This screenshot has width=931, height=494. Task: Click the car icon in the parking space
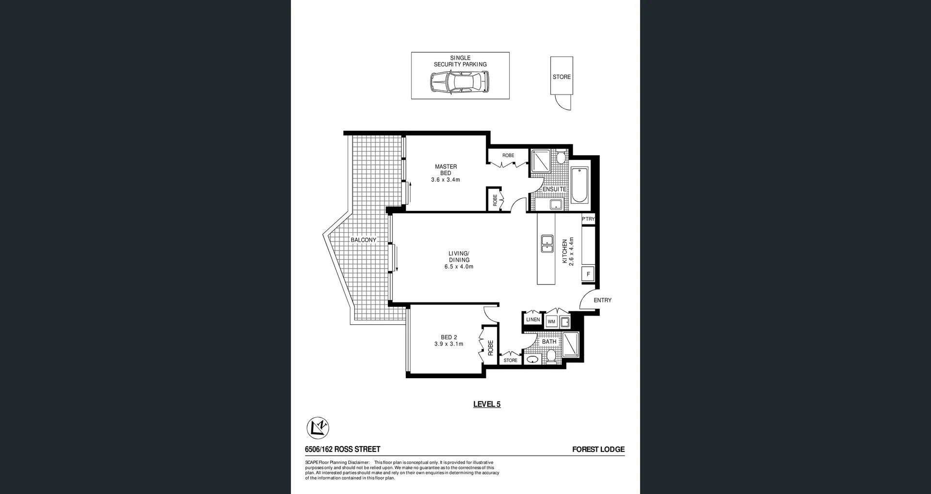459,82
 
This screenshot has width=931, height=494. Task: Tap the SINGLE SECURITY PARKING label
460,61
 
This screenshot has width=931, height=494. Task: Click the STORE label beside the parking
562,77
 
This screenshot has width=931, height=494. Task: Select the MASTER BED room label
446,170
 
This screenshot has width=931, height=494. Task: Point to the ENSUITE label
554,189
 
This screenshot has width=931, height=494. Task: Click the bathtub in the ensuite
579,185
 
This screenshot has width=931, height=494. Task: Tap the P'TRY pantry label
588,219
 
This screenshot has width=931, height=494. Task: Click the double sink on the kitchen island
547,243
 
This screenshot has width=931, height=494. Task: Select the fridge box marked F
588,274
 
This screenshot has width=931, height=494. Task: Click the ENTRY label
602,300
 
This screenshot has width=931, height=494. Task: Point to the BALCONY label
363,240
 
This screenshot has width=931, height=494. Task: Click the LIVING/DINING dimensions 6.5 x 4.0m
459,267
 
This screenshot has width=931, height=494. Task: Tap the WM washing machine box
551,321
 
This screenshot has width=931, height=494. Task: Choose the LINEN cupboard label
533,319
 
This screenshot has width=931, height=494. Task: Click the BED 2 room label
449,337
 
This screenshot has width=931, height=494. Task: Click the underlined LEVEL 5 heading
486,404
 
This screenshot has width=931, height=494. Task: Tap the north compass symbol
318,428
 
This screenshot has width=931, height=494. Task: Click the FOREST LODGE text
598,449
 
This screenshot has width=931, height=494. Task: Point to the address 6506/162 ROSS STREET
342,449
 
